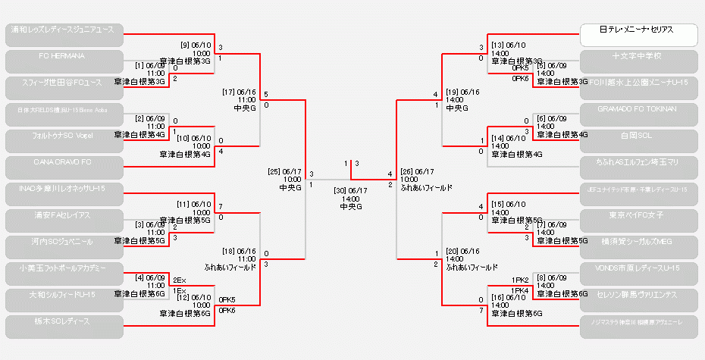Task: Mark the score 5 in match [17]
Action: click(x=265, y=95)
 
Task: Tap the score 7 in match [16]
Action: click(x=481, y=311)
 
